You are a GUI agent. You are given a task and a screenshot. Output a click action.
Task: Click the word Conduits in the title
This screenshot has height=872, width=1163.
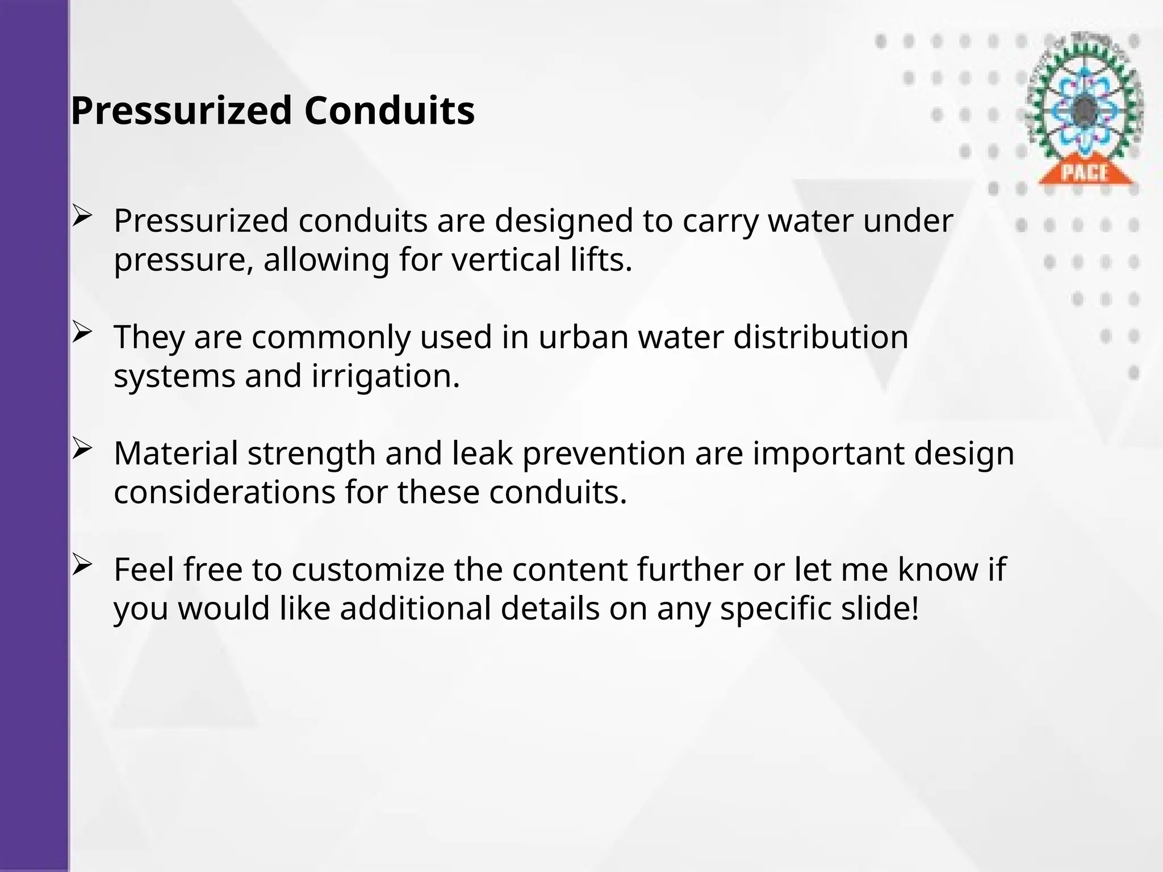click(x=389, y=111)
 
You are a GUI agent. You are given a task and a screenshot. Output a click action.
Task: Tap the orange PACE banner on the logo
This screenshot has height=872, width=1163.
click(x=1085, y=172)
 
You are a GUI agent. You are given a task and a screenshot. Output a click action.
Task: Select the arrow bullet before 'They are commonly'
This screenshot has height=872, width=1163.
click(x=82, y=333)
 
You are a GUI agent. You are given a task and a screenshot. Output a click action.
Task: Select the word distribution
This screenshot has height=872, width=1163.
click(x=821, y=337)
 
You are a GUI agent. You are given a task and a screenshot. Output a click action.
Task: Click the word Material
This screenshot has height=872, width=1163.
click(x=175, y=454)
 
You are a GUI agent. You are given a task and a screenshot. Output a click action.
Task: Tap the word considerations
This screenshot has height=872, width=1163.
click(x=224, y=492)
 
